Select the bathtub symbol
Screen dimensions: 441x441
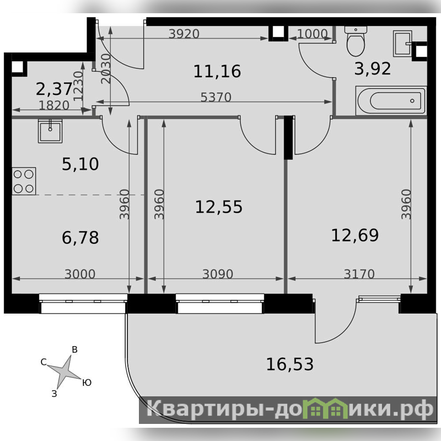click(x=391, y=100)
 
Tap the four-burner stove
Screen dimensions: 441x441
click(x=24, y=181)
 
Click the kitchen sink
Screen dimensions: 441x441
click(x=50, y=131)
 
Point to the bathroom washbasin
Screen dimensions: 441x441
click(x=403, y=44)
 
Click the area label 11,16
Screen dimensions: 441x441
click(x=217, y=71)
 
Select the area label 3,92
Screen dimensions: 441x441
click(x=373, y=68)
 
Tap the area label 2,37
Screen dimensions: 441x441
click(x=54, y=89)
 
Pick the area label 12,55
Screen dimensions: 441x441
click(x=218, y=207)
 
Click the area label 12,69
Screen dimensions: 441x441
click(x=355, y=235)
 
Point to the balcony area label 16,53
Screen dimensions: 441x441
click(x=290, y=364)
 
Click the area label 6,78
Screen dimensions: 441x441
click(x=80, y=238)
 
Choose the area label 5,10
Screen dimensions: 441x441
click(x=80, y=164)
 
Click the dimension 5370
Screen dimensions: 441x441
click(x=216, y=98)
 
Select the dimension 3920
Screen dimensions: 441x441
click(x=184, y=34)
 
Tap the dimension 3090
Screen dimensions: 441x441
click(x=218, y=274)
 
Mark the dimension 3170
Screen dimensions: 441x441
click(x=359, y=274)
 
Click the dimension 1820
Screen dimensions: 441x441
click(x=54, y=105)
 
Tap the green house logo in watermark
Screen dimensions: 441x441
click(x=327, y=409)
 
